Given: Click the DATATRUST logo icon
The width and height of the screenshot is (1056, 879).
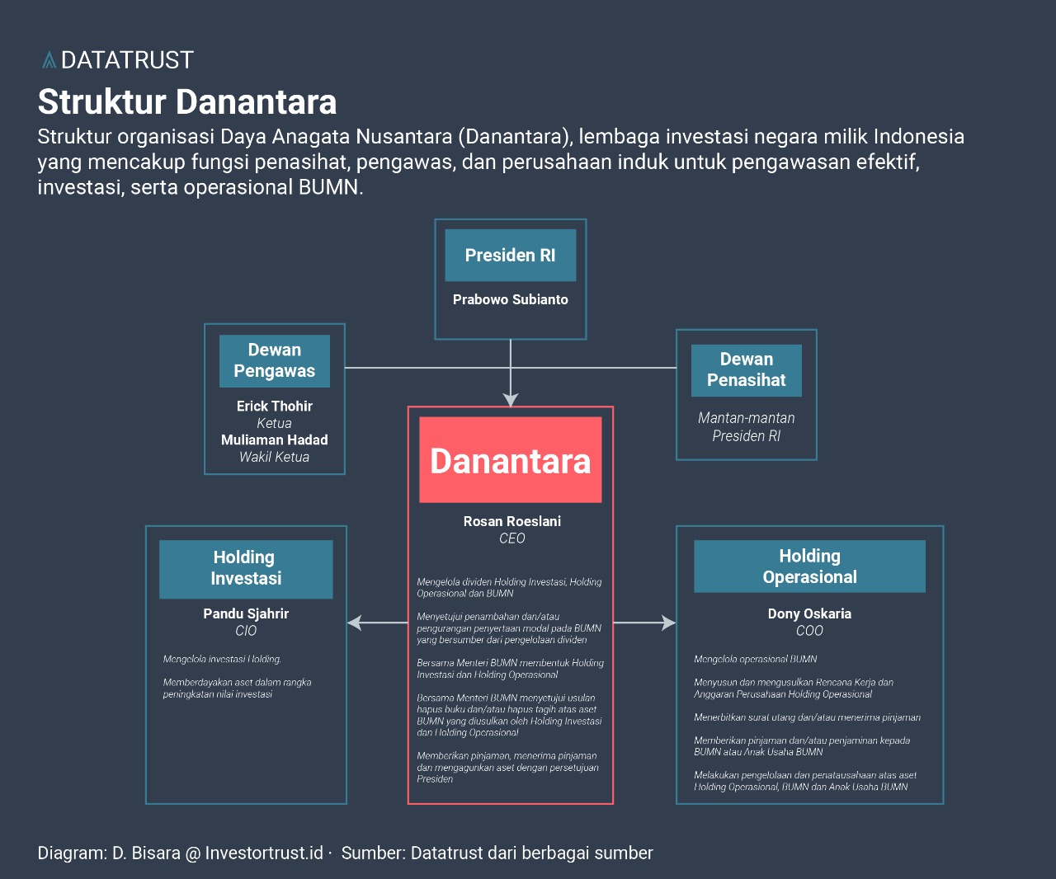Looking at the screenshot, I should click(49, 60).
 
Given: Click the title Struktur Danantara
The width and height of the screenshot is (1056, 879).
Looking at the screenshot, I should click(187, 102).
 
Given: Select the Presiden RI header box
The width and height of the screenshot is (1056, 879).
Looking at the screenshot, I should click(510, 256).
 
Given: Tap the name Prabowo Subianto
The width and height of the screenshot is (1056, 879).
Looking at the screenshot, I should click(510, 299).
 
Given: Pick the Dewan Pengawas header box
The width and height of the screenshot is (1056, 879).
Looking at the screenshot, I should click(274, 361).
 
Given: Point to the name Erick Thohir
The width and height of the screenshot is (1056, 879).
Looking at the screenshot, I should click(274, 406).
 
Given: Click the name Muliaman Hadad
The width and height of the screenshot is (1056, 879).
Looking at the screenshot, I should click(274, 439).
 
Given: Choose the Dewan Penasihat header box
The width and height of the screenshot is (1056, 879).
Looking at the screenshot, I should click(746, 370).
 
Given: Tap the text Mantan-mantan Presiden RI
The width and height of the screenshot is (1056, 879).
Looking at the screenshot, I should click(746, 427).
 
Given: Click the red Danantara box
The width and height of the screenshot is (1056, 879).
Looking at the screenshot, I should click(510, 460).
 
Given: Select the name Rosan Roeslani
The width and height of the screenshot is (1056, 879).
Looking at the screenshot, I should click(511, 521).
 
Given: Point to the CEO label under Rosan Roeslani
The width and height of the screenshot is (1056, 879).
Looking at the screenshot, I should click(511, 538).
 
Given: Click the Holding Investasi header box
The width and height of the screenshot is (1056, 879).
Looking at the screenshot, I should click(246, 569).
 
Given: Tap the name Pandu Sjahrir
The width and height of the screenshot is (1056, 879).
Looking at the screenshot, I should click(246, 613).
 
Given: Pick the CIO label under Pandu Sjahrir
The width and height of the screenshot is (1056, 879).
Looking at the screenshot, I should click(246, 631).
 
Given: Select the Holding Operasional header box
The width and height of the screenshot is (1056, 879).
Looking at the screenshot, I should click(809, 566).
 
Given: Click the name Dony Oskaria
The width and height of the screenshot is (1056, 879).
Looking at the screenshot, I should click(809, 613).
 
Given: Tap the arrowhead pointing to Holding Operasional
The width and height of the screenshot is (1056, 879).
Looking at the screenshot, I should click(668, 623).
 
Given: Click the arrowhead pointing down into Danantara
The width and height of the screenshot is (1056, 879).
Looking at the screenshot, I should click(511, 399).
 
